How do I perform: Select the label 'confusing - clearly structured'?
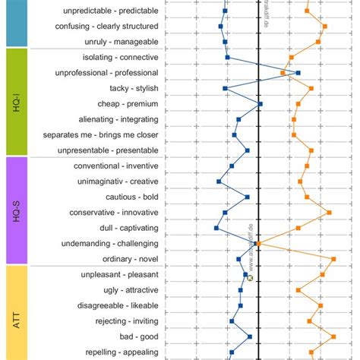107,27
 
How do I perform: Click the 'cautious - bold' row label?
131,197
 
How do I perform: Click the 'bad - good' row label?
139,336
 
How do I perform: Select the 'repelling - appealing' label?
121,352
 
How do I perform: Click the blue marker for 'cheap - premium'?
261,104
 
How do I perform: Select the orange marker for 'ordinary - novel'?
333,259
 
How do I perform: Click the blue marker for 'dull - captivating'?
216,228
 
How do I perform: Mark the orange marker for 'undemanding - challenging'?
258,244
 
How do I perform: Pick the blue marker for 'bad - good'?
250,336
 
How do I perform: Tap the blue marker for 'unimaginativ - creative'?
219,182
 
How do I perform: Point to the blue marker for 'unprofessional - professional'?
298,73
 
